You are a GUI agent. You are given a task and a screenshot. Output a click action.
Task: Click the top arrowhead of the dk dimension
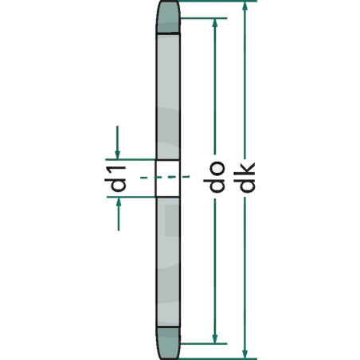(x=246, y=8)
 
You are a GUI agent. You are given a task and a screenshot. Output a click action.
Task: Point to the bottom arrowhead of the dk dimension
(x=246, y=351)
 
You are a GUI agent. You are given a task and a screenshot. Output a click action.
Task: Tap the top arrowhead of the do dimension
(x=213, y=22)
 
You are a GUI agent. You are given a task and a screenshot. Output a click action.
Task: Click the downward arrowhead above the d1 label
(x=119, y=151)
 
